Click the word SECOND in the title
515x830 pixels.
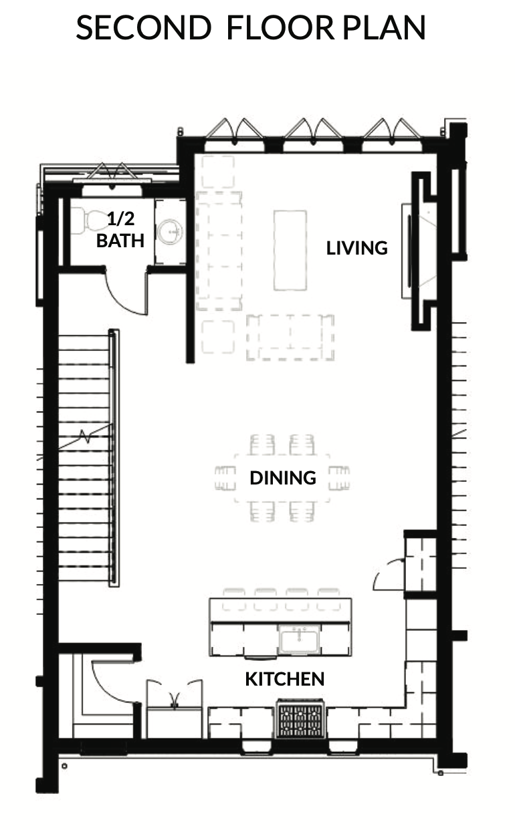coord(144,28)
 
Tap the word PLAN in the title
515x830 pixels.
coord(384,28)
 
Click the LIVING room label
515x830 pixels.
coord(356,248)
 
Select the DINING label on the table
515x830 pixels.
coord(283,478)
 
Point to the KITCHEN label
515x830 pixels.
coord(285,679)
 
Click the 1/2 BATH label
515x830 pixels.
coord(120,230)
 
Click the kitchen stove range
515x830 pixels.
coord(300,718)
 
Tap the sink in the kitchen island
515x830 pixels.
coord(299,640)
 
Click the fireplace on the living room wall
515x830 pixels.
coord(419,251)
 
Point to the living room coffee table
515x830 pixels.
coord(290,250)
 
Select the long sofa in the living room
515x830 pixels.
coord(219,251)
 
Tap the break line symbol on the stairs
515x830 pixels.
coord(86,436)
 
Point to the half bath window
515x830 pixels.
coord(112,180)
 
